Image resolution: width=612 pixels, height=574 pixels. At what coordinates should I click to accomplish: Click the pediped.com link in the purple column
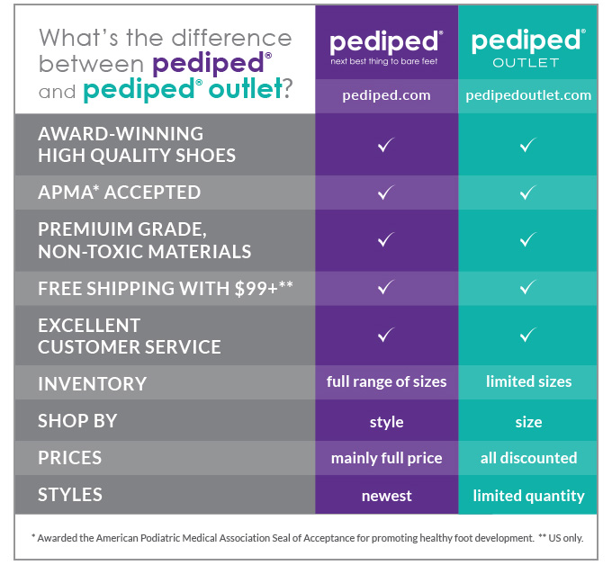point(386,94)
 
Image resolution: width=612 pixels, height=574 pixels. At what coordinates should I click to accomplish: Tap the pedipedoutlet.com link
point(528,94)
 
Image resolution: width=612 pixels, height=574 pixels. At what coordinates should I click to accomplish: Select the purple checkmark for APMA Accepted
point(386,192)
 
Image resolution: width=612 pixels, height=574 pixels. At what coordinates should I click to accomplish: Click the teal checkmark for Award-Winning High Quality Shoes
point(528,144)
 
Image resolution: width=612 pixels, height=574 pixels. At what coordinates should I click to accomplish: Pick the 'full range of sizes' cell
point(386,381)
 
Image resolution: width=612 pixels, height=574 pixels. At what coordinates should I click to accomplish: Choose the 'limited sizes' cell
point(528,381)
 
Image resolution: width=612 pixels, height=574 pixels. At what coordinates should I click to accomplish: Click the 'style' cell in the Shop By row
point(386,421)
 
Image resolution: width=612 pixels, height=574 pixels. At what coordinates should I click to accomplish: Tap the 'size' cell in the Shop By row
point(528,421)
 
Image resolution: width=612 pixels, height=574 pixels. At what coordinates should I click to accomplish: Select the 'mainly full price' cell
point(386,458)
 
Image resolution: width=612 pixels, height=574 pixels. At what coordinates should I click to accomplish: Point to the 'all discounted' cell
point(528,458)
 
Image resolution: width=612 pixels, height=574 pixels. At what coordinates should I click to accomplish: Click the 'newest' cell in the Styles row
point(386,495)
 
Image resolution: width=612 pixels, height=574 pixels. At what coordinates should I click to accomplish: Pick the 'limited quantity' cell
point(528,495)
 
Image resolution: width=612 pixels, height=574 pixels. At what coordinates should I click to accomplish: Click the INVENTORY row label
point(92,383)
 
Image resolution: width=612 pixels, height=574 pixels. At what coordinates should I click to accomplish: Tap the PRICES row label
point(70,458)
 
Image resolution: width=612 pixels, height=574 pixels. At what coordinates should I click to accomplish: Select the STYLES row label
point(70,495)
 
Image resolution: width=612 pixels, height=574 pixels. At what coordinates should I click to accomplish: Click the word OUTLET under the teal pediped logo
point(528,63)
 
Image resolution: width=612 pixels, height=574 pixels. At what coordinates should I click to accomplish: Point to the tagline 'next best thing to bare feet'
point(386,62)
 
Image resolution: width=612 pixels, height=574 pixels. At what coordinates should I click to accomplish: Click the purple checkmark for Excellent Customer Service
point(386,335)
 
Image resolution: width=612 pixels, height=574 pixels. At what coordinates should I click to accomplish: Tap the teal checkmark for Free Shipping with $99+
point(528,288)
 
